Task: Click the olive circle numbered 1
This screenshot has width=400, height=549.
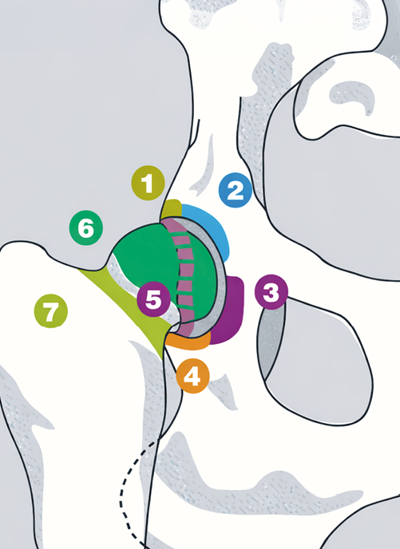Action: [x=148, y=183]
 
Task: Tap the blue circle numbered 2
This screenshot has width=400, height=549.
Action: [x=236, y=190]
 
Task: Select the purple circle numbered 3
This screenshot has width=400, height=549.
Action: [x=271, y=292]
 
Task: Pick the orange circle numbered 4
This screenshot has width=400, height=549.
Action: [x=193, y=376]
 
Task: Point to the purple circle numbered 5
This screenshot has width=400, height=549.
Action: [x=154, y=299]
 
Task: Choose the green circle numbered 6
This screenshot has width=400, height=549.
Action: [x=86, y=228]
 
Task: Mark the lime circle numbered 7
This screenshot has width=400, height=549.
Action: [x=51, y=311]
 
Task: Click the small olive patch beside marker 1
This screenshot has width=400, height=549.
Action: [x=172, y=209]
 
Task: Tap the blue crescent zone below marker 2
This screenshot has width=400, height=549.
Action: [x=214, y=224]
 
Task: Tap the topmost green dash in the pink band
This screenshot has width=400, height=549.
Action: [x=180, y=234]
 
